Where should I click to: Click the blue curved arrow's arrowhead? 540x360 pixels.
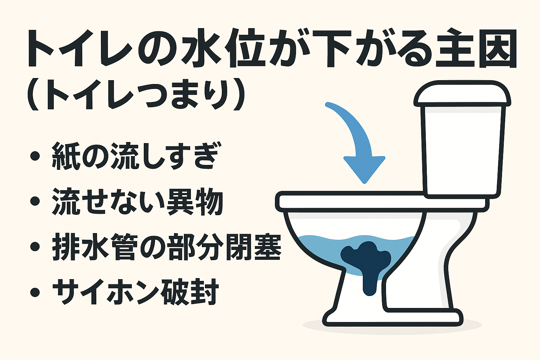364,169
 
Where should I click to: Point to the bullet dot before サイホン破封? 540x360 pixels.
35,292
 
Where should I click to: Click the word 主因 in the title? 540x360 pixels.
476,49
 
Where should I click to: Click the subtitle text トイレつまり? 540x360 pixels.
135,95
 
